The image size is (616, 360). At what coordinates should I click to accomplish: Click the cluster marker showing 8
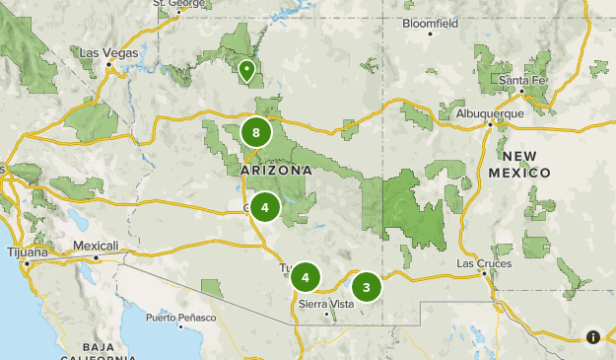coord(256,132)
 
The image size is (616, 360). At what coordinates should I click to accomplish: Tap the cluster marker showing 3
coord(367,287)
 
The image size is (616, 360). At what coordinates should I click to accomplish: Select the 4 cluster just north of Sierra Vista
coord(306,278)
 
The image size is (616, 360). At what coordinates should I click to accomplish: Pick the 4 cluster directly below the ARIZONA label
coord(264,207)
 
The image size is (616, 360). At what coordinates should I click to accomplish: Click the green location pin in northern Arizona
coord(245,70)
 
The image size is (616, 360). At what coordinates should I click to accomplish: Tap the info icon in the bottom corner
coord(593,336)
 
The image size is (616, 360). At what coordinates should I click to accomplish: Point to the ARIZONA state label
coord(276,171)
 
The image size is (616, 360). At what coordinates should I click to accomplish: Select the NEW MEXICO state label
coord(519,165)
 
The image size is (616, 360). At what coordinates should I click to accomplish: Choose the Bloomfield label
coord(431,22)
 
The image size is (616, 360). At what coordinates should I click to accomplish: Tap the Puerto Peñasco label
coord(180,317)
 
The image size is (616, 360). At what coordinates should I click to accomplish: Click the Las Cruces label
coord(484,264)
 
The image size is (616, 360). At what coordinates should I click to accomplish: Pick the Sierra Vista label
coord(325,305)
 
